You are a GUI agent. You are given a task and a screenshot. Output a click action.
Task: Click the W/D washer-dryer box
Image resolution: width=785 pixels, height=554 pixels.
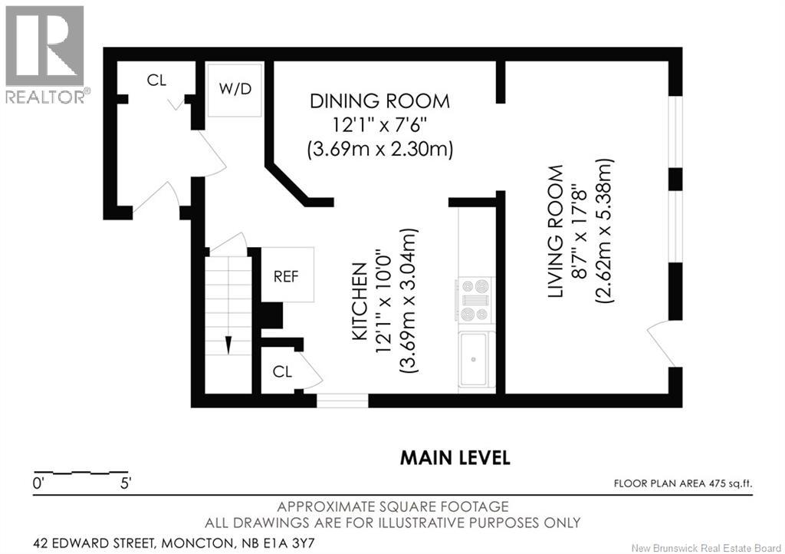235,90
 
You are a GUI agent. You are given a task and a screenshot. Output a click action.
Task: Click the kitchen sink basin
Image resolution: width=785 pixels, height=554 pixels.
475,358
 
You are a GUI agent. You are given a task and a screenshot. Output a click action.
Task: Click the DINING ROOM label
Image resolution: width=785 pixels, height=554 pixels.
379,101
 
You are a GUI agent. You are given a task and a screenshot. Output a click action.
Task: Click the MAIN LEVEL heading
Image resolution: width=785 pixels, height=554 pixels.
455,458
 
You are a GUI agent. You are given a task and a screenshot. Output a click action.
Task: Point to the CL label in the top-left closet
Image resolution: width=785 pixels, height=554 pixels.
156,81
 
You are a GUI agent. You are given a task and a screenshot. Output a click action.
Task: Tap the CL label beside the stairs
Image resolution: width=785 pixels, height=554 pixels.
282,371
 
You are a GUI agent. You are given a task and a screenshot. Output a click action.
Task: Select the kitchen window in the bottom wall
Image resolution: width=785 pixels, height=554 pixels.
342,400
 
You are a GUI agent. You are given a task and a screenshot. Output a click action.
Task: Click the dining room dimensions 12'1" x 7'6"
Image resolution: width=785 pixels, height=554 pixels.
379,124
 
